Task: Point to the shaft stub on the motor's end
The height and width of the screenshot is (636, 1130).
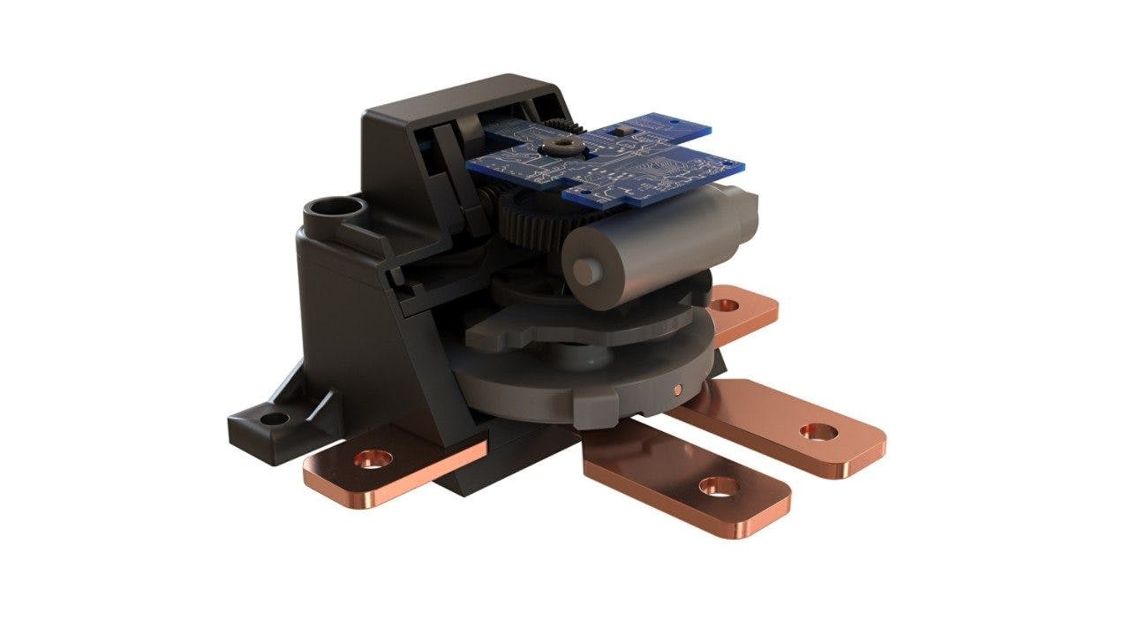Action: (x=582, y=267)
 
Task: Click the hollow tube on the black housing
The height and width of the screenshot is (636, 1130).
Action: (x=333, y=212)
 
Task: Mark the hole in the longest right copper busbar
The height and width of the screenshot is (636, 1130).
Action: (x=819, y=432)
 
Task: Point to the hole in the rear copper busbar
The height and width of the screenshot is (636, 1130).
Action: (x=726, y=306)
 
